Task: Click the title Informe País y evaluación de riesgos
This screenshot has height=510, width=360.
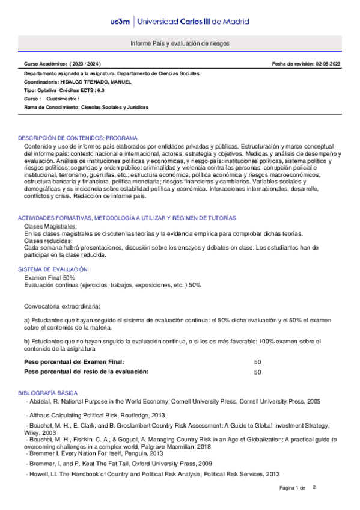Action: click(180, 45)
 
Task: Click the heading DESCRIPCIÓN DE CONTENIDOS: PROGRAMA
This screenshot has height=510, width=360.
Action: click(78, 138)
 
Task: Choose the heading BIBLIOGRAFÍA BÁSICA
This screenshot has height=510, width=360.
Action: click(48, 393)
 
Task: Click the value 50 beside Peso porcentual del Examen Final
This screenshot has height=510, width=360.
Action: click(257, 362)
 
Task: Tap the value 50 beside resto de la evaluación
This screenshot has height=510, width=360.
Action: click(257, 372)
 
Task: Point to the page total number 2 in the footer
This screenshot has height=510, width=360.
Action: click(314, 487)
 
